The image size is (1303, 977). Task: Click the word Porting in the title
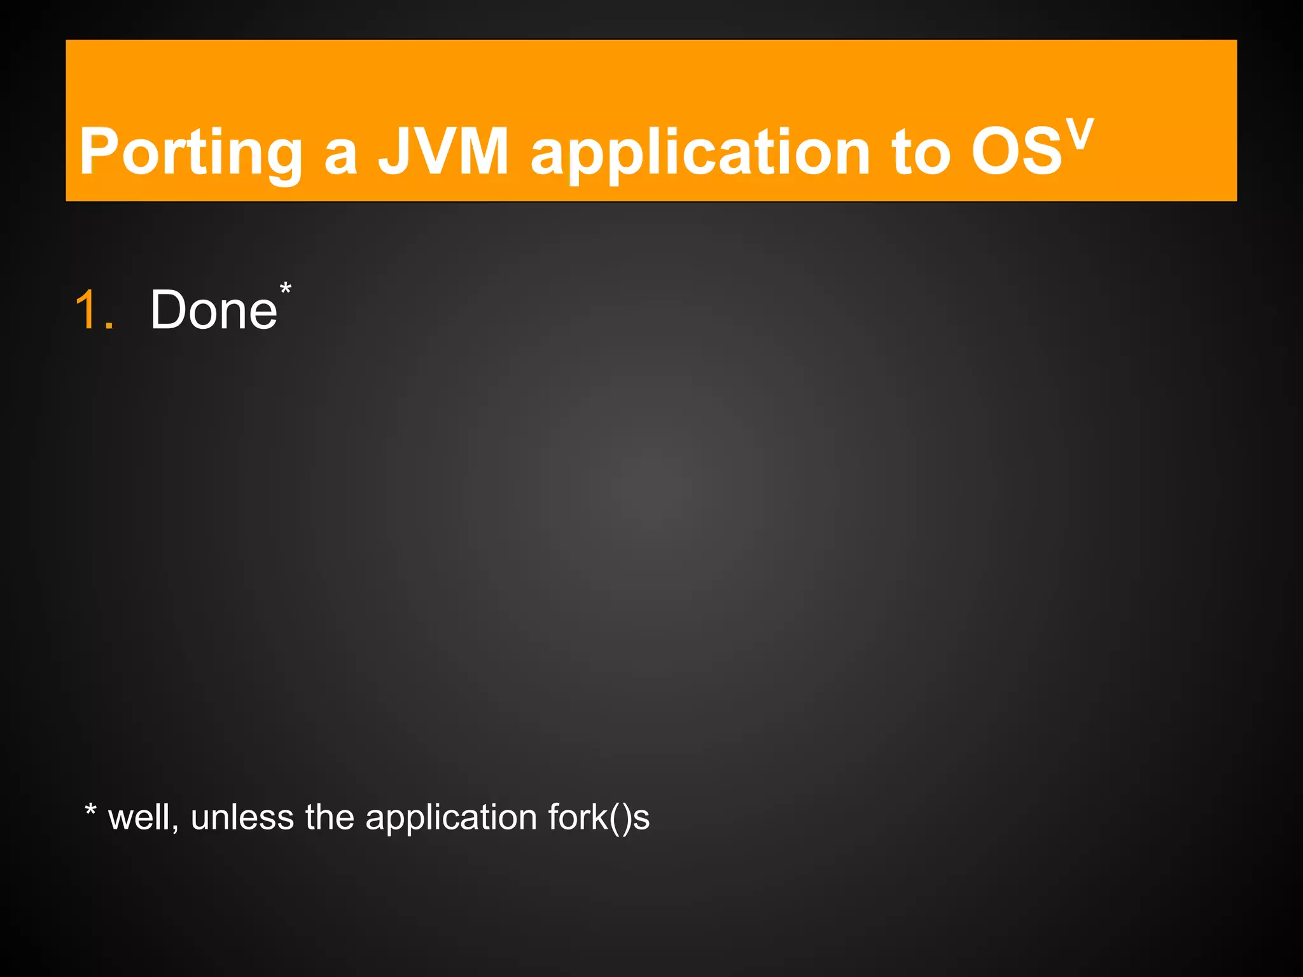click(191, 153)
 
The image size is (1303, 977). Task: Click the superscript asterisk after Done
click(286, 289)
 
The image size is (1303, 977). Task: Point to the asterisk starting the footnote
click(90, 810)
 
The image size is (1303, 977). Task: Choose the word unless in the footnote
click(242, 817)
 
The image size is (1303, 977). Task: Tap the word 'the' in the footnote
click(329, 817)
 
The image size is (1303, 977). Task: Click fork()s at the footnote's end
click(599, 817)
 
